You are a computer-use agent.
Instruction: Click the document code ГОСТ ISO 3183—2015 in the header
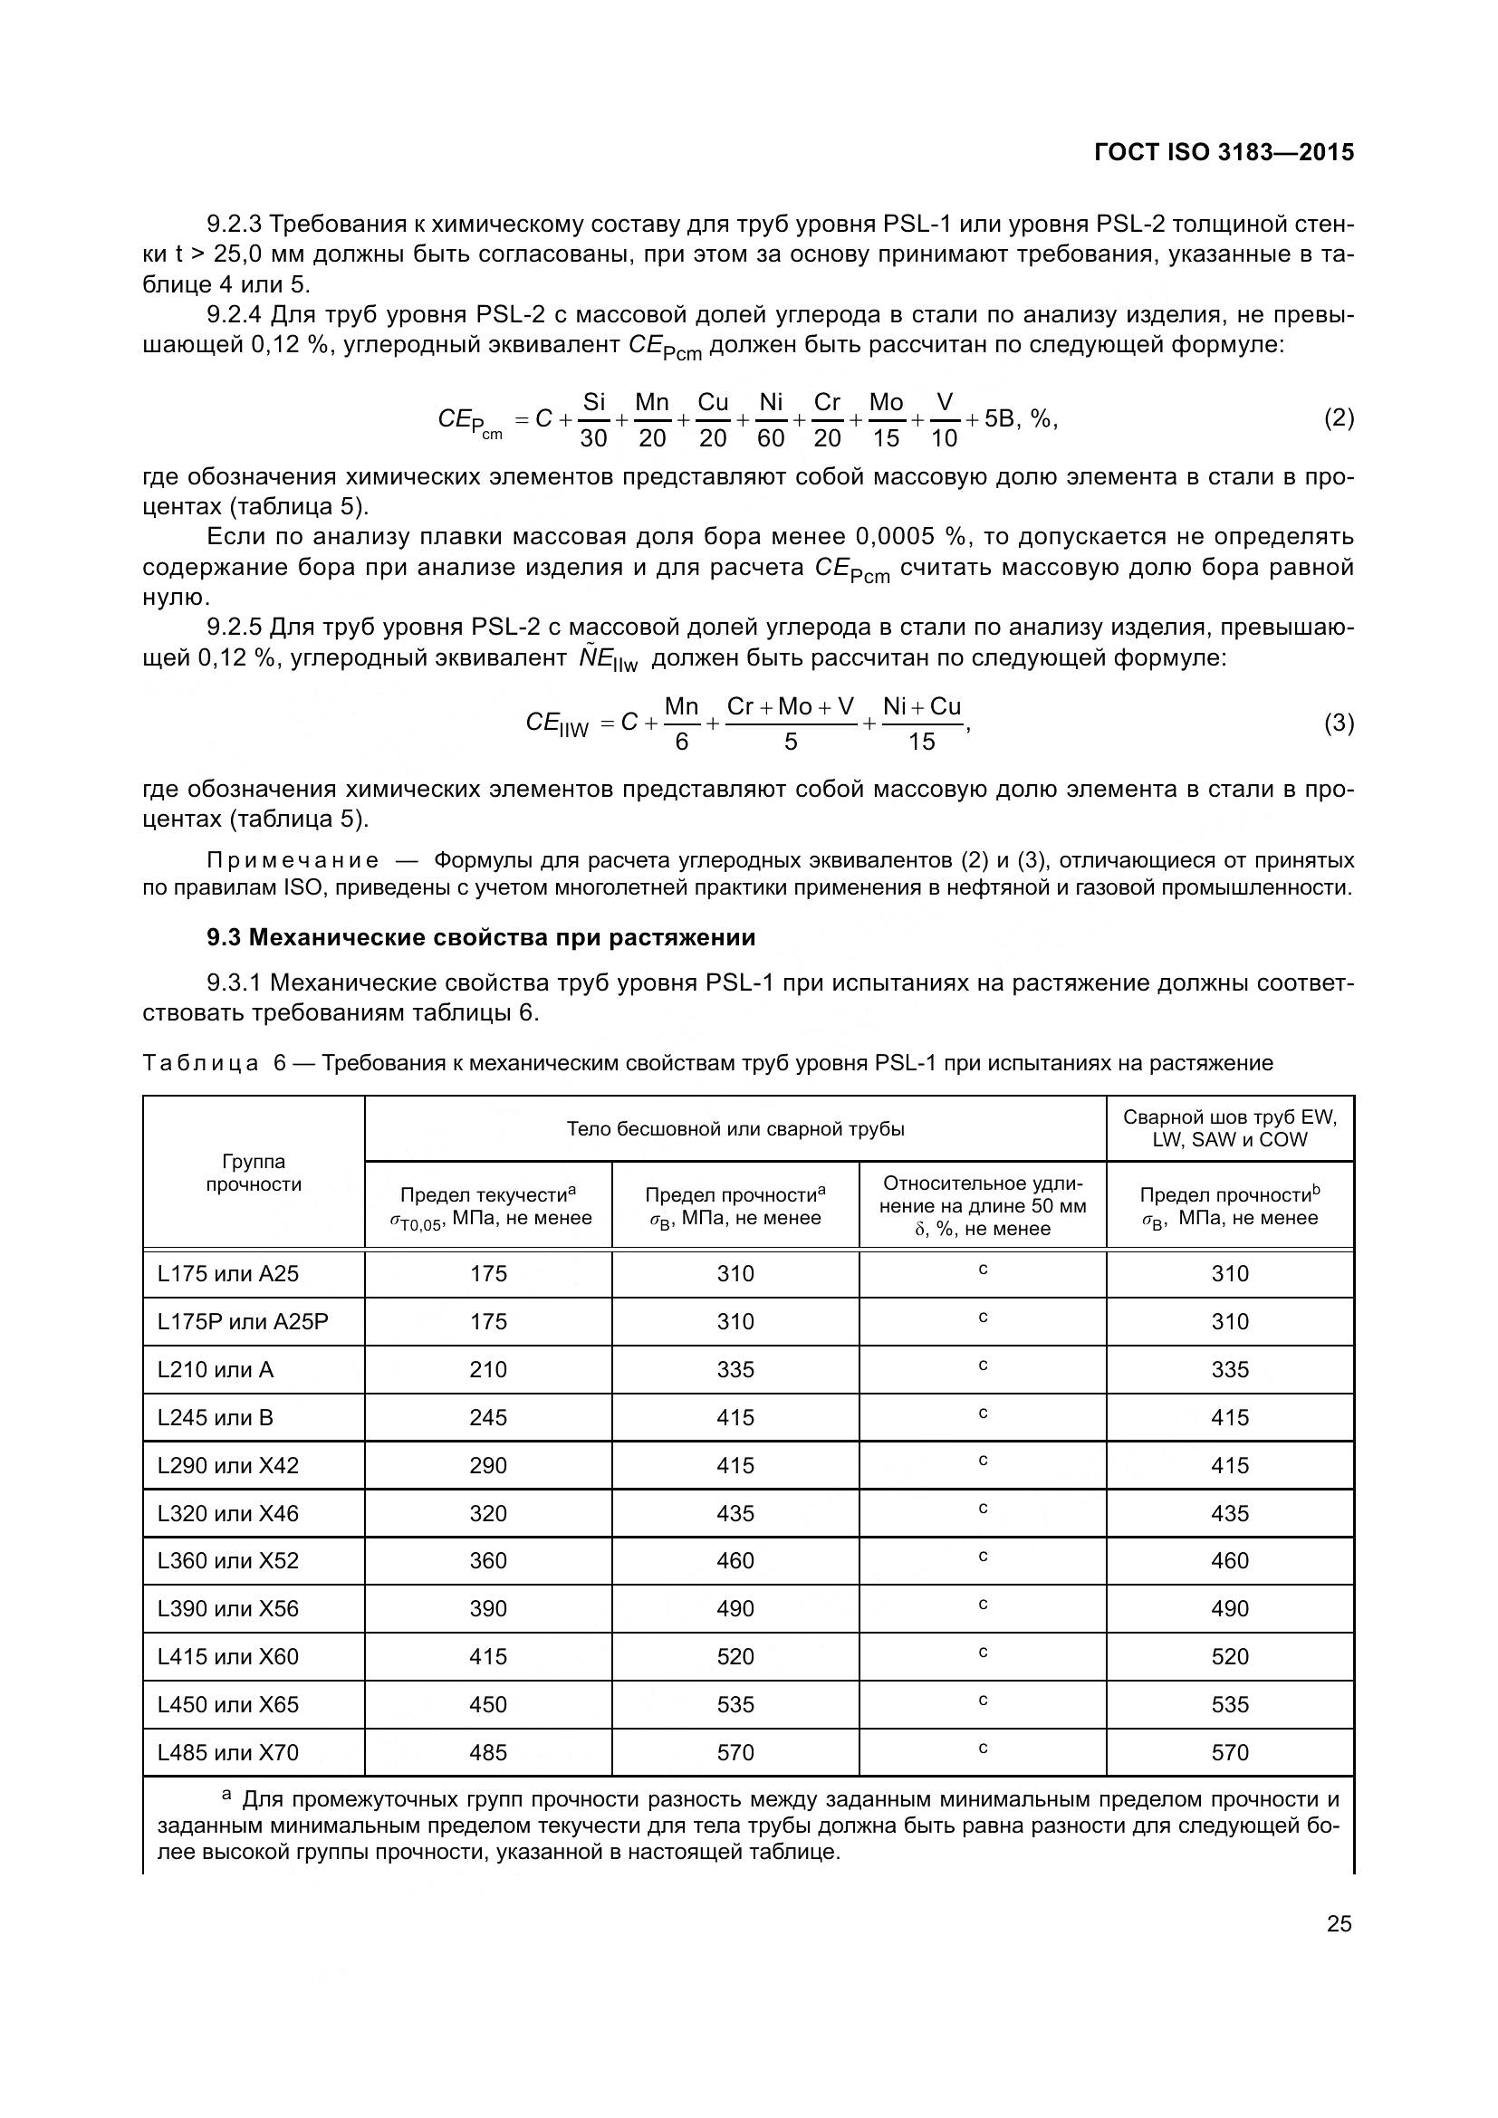tap(1223, 153)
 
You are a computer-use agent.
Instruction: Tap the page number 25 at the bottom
tap(1339, 1923)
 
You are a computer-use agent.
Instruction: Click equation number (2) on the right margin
tap(1339, 419)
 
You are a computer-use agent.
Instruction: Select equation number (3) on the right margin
tap(1339, 724)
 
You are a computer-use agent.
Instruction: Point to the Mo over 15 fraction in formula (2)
tap(886, 420)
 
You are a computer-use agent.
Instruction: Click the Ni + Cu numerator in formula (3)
tap(921, 706)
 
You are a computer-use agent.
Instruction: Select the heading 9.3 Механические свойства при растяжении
tap(481, 938)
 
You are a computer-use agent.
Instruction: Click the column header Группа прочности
tap(254, 1173)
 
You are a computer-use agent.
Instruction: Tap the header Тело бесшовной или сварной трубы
tap(735, 1129)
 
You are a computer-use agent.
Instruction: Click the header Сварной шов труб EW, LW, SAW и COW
tap(1230, 1128)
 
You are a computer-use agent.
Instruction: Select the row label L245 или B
tap(215, 1418)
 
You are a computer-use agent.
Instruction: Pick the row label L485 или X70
tap(228, 1753)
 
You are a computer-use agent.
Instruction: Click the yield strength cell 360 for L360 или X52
tap(488, 1561)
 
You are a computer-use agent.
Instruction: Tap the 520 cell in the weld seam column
tap(1230, 1657)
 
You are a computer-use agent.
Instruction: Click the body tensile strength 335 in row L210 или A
tap(735, 1370)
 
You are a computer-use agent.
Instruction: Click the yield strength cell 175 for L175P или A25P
tap(488, 1322)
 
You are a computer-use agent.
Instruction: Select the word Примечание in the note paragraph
tap(293, 860)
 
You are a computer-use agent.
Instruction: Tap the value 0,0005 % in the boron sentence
tap(907, 537)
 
